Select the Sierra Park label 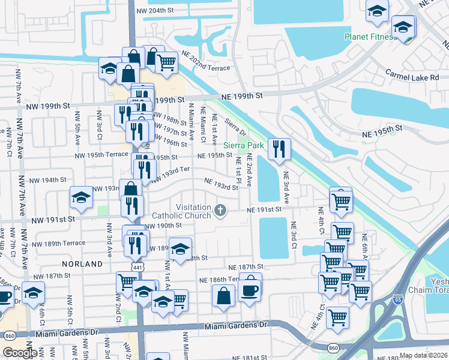[x=244, y=145]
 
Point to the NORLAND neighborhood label [x=82, y=264]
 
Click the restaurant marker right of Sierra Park [x=279, y=149]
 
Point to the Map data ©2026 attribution [x=424, y=355]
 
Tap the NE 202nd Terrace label [x=203, y=68]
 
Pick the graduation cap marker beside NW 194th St [x=82, y=197]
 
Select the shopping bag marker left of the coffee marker [x=223, y=295]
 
